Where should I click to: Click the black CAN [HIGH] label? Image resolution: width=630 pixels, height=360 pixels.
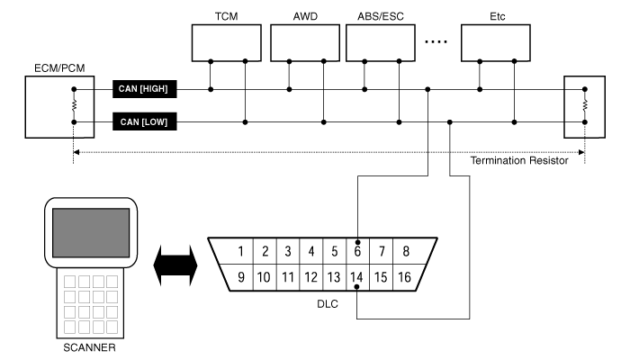(x=145, y=89)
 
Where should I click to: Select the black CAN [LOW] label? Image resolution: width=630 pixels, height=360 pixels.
(x=145, y=121)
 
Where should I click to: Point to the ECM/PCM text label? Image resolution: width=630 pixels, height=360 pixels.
(x=59, y=68)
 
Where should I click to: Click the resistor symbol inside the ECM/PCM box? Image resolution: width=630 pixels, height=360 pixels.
(x=74, y=105)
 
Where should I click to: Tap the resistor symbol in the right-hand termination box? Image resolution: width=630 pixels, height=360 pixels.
(x=585, y=105)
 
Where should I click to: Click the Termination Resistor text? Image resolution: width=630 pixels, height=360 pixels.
(x=519, y=161)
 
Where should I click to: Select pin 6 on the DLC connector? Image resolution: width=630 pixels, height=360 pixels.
(x=357, y=251)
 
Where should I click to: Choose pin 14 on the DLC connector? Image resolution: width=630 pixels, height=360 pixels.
(x=356, y=277)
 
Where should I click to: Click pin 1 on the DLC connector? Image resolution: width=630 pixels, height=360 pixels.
(x=240, y=251)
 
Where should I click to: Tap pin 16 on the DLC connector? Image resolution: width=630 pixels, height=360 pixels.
(x=405, y=277)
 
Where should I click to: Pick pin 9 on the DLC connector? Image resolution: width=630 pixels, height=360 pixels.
(x=241, y=277)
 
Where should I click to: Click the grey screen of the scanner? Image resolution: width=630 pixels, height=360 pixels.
(x=91, y=232)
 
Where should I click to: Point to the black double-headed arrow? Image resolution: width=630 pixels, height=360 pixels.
(x=175, y=265)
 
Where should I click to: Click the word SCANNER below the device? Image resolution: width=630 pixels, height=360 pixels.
(x=89, y=347)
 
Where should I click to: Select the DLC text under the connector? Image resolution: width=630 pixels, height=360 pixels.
(x=328, y=304)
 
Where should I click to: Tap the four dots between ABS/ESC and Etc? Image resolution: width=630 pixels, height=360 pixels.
(x=436, y=41)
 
